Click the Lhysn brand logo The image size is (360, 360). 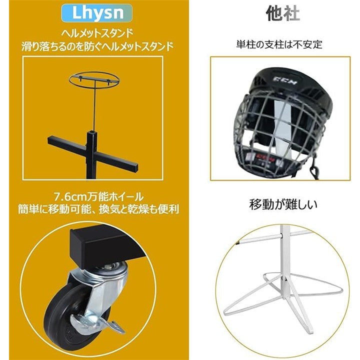pos(97,13)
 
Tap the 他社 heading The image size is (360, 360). pos(283,14)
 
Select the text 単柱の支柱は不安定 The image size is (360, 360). pos(279,44)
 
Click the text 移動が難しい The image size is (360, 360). pos(283,205)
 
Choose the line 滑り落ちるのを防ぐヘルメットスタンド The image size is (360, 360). pos(97,46)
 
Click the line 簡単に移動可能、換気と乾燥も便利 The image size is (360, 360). pos(98,209)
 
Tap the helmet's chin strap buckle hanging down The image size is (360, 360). pos(314,170)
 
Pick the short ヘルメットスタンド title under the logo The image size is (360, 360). pos(97,34)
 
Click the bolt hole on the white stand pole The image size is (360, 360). pos(285,279)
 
